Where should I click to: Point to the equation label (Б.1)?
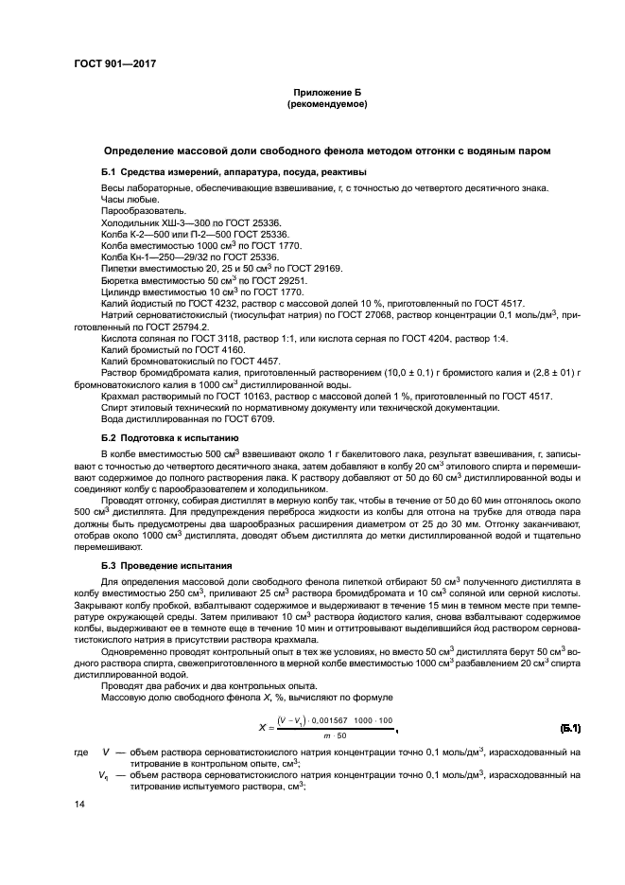[x=569, y=728]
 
